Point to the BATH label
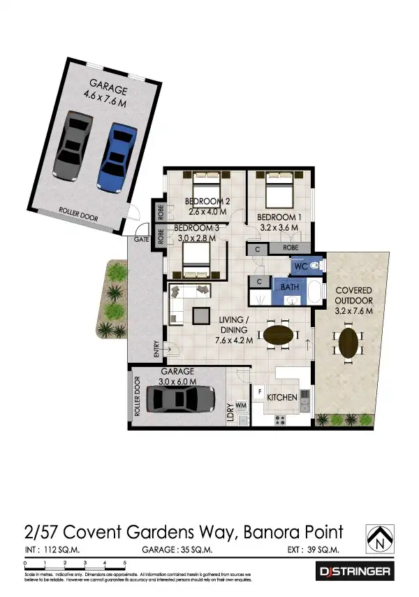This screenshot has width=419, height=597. [290, 287]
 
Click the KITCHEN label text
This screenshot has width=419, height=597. [281, 397]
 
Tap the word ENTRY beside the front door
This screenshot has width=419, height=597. [156, 347]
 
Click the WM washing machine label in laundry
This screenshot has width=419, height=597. [241, 405]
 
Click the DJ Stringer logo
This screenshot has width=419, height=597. [355, 571]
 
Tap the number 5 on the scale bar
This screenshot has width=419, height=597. [125, 563]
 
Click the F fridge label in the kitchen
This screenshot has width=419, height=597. [260, 391]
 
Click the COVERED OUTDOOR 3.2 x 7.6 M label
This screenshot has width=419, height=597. [353, 300]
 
